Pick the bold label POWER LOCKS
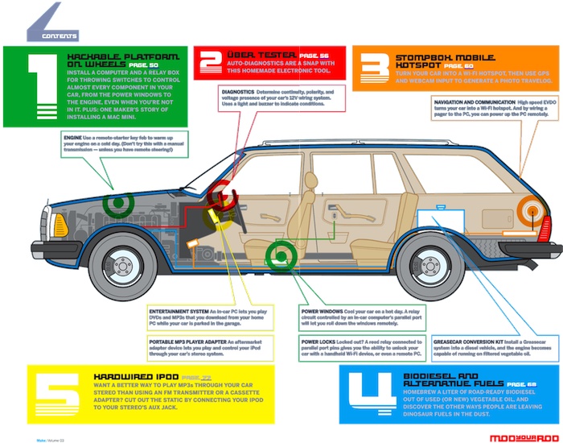coord(318,340)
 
